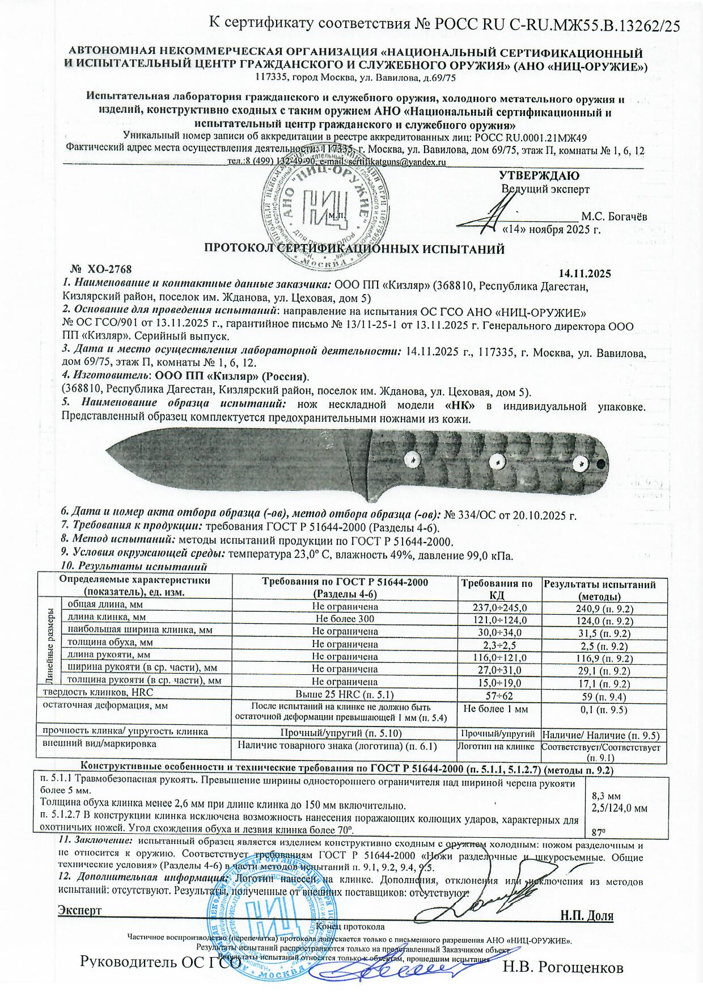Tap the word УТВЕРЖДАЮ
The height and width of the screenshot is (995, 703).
pos(539,176)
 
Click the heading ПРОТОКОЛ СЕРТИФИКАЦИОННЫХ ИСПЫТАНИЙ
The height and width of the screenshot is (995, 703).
pos(354,249)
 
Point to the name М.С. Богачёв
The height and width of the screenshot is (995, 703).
pos(614,217)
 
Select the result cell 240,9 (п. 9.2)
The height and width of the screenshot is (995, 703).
pos(601,608)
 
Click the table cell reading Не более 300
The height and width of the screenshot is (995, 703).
pos(345,619)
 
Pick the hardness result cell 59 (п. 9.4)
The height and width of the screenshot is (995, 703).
pos(601,696)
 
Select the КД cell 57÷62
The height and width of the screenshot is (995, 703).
pos(497,695)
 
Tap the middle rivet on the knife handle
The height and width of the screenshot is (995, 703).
pos(498,462)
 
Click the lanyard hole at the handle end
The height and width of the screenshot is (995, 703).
pos(600,465)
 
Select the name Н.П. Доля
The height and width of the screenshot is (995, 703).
pos(586,916)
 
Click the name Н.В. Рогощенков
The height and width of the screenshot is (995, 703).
pos(563,968)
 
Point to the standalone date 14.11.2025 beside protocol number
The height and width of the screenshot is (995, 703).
pos(585,274)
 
